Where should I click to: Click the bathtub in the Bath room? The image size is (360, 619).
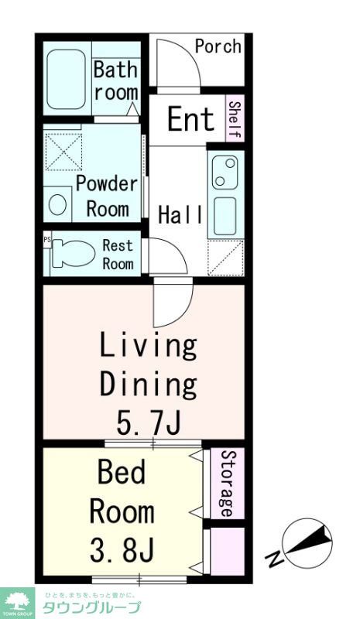(66, 80)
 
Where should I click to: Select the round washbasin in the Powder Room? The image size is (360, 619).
(57, 204)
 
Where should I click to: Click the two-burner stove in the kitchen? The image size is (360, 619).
(225, 172)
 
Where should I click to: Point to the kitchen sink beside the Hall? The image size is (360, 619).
(225, 216)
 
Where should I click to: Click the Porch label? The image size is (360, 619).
(218, 46)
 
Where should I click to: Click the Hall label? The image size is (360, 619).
(180, 215)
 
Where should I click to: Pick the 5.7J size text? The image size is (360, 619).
(149, 422)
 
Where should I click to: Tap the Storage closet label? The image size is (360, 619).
(226, 483)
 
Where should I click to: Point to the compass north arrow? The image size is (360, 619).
(309, 541)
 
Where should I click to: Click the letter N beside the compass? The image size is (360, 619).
(274, 559)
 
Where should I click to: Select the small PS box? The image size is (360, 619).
(47, 240)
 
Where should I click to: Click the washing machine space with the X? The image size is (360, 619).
(63, 152)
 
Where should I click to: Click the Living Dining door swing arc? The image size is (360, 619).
(186, 312)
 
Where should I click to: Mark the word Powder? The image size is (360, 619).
(107, 184)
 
